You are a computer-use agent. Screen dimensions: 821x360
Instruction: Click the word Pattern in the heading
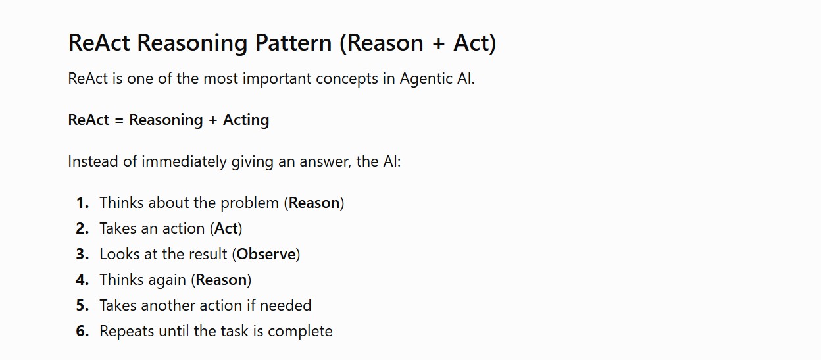pyautogui.click(x=293, y=43)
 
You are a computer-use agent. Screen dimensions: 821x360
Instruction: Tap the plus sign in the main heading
pyautogui.click(x=438, y=43)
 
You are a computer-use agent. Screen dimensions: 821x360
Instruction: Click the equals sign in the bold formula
pyautogui.click(x=119, y=120)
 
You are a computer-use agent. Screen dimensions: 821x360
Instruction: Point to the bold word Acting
pyautogui.click(x=246, y=120)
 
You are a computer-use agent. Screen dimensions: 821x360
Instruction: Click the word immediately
pyautogui.click(x=184, y=162)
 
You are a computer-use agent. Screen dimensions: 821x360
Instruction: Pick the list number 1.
pyautogui.click(x=82, y=203)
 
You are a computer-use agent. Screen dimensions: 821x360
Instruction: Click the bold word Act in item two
pyautogui.click(x=226, y=228)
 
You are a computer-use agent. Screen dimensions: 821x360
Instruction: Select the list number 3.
pyautogui.click(x=82, y=254)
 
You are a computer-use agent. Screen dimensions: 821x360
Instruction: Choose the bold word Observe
pyautogui.click(x=266, y=254)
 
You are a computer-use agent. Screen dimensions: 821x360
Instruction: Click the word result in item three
pyautogui.click(x=211, y=254)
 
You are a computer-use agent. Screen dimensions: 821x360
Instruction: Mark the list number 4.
pyautogui.click(x=82, y=280)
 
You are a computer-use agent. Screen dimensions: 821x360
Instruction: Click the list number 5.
pyautogui.click(x=82, y=305)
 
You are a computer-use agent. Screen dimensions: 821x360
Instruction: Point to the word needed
pyautogui.click(x=286, y=305)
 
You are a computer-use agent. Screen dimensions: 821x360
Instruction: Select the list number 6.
pyautogui.click(x=82, y=331)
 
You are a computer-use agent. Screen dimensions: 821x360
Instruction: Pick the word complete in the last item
pyautogui.click(x=300, y=332)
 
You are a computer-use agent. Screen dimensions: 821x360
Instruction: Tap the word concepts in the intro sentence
pyautogui.click(x=347, y=79)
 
